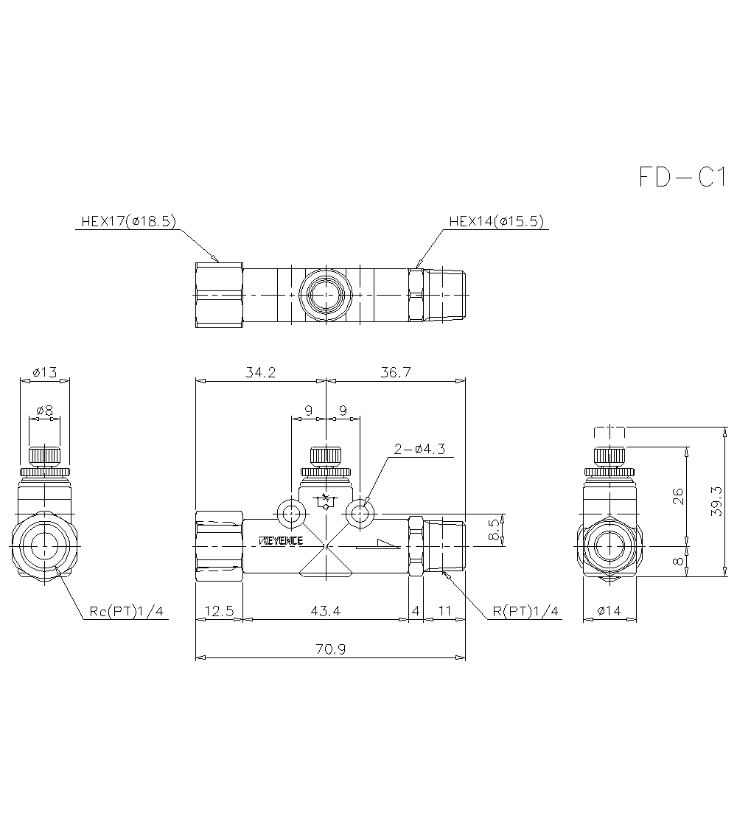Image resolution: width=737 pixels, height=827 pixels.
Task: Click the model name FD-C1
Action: tap(682, 178)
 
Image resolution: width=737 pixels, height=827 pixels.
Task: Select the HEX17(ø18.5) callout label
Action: tap(128, 221)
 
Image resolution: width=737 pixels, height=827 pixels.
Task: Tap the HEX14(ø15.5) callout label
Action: tap(496, 221)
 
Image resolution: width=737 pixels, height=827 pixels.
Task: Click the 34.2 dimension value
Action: tap(261, 373)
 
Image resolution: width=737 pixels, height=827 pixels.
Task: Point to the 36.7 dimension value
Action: tap(395, 373)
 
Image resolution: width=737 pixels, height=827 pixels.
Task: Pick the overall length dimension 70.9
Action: tap(330, 649)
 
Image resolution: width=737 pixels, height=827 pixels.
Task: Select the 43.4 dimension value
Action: tap(326, 611)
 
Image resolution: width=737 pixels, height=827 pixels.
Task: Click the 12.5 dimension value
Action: tap(219, 611)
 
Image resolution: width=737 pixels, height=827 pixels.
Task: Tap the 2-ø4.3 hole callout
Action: tap(419, 449)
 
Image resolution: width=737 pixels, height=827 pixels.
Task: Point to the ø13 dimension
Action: tap(46, 372)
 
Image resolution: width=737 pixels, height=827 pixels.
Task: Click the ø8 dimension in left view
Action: tap(45, 410)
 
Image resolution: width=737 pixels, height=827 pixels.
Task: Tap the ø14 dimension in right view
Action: tap(609, 611)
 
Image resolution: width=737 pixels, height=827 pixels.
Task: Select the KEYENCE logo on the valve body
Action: tap(282, 541)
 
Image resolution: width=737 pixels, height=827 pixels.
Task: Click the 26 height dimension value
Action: tap(677, 495)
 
